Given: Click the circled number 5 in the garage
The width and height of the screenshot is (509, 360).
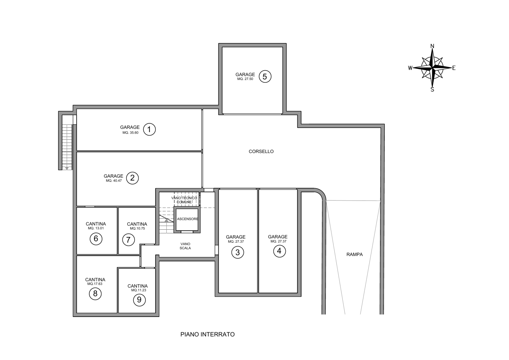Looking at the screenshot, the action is pyautogui.click(x=265, y=77).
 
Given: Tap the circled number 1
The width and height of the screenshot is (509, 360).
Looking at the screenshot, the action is pyautogui.click(x=149, y=129).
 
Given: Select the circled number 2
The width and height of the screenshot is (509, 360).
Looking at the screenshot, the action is pyautogui.click(x=132, y=178).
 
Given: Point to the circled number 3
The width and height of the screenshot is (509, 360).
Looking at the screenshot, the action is pyautogui.click(x=237, y=252).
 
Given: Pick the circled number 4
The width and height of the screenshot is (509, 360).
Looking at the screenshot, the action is pyautogui.click(x=279, y=251).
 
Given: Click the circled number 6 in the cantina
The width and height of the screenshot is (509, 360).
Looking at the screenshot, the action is pyautogui.click(x=96, y=239).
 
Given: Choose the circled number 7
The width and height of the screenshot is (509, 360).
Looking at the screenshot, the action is pyautogui.click(x=128, y=240).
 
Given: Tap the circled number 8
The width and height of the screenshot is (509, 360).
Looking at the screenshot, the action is pyautogui.click(x=95, y=294).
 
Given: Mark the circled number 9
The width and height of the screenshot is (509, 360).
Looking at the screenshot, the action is pyautogui.click(x=139, y=300).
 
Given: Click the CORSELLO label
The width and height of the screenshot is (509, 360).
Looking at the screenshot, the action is pyautogui.click(x=261, y=152).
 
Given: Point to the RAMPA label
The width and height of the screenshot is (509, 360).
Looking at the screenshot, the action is pyautogui.click(x=354, y=255).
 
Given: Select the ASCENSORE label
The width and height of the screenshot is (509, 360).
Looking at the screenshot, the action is pyautogui.click(x=187, y=219).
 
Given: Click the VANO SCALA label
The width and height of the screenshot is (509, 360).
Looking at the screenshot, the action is pyautogui.click(x=185, y=246).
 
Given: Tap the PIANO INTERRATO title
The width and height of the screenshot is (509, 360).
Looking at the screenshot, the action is pyautogui.click(x=207, y=334).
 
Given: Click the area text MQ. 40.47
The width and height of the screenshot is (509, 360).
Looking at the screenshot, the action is pyautogui.click(x=114, y=181).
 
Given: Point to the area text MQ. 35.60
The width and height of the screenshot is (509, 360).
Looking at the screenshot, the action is pyautogui.click(x=130, y=133).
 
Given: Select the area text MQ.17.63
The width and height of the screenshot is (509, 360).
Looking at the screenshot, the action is pyautogui.click(x=95, y=284).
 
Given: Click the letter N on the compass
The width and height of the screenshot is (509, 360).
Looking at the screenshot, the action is pyautogui.click(x=432, y=46).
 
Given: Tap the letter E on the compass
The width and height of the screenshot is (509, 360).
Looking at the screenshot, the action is pyautogui.click(x=454, y=68).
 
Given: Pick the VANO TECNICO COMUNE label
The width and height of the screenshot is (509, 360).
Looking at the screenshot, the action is pyautogui.click(x=184, y=200).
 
